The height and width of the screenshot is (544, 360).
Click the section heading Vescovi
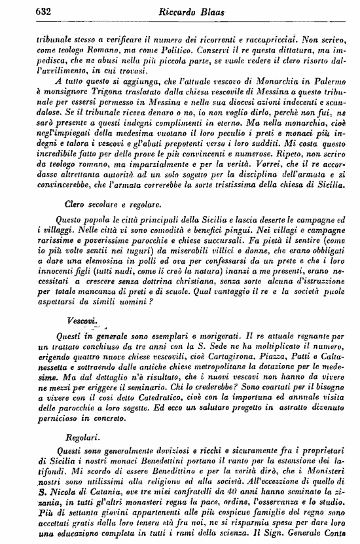click(81, 321)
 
